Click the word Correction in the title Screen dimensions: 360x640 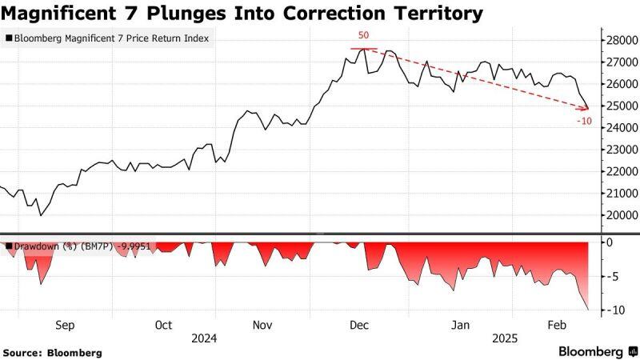pos(294,14)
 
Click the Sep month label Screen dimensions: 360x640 pos(65,326)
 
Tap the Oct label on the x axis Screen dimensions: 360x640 pos(163,326)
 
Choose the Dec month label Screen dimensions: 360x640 pos(359,326)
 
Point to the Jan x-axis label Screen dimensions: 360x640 pos(461,326)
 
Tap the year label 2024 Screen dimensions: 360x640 pos(206,338)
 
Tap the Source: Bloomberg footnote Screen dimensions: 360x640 pos(53,352)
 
